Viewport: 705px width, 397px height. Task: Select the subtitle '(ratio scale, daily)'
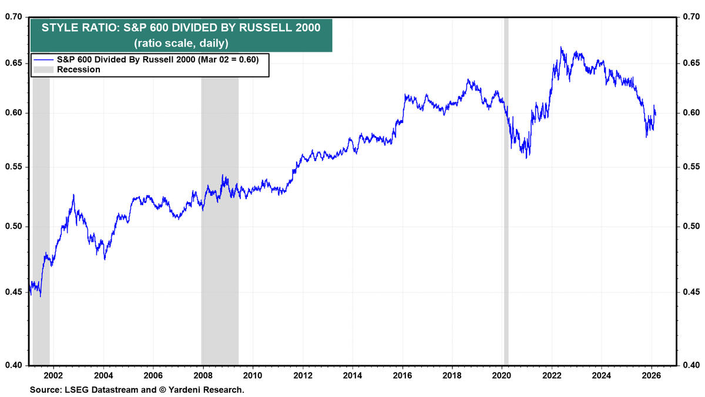point(181,43)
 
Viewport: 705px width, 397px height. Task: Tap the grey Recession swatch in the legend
point(44,69)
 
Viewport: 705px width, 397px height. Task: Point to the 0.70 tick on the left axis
point(14,18)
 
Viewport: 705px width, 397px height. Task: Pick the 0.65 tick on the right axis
point(691,63)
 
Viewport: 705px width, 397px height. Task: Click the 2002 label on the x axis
point(53,375)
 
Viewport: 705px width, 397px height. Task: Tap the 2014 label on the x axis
point(352,375)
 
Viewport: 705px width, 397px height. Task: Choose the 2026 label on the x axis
point(650,375)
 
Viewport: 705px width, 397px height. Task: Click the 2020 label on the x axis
point(501,375)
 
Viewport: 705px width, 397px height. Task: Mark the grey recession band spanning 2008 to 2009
point(220,235)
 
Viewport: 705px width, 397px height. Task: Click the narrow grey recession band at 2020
point(506,235)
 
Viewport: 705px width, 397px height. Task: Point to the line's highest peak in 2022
point(561,48)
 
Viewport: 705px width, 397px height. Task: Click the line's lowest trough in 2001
point(41,296)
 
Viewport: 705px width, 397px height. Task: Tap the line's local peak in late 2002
point(73,195)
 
